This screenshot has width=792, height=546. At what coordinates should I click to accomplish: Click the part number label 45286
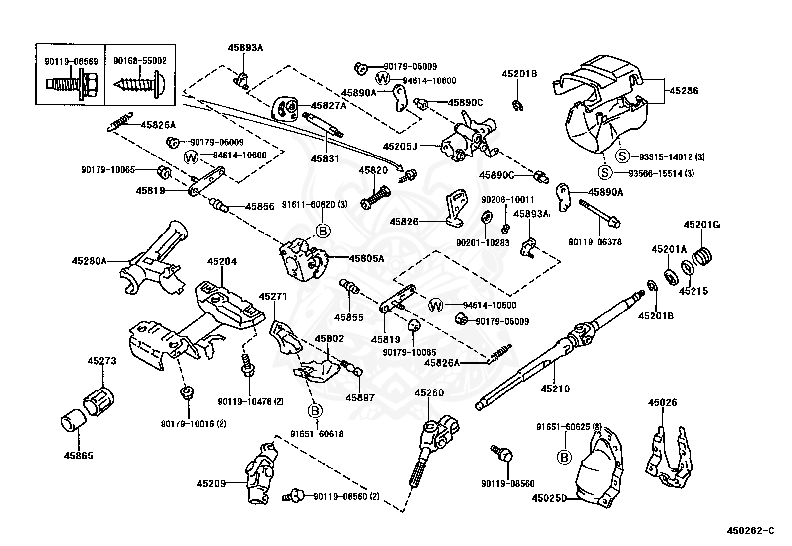coord(684,91)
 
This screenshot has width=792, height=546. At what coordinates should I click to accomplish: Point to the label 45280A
coord(89,260)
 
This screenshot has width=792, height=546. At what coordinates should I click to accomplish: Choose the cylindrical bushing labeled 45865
coord(73,422)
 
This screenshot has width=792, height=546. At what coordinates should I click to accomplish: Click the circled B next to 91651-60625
coord(564,457)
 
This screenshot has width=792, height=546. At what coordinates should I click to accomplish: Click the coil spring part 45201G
coord(702,256)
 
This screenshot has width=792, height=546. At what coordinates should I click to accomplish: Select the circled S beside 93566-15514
coord(604,173)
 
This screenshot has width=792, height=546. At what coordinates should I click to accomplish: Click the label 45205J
coord(400,146)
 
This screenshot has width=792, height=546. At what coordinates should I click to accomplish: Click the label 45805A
coord(366,258)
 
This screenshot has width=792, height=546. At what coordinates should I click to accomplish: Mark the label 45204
coord(222,261)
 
